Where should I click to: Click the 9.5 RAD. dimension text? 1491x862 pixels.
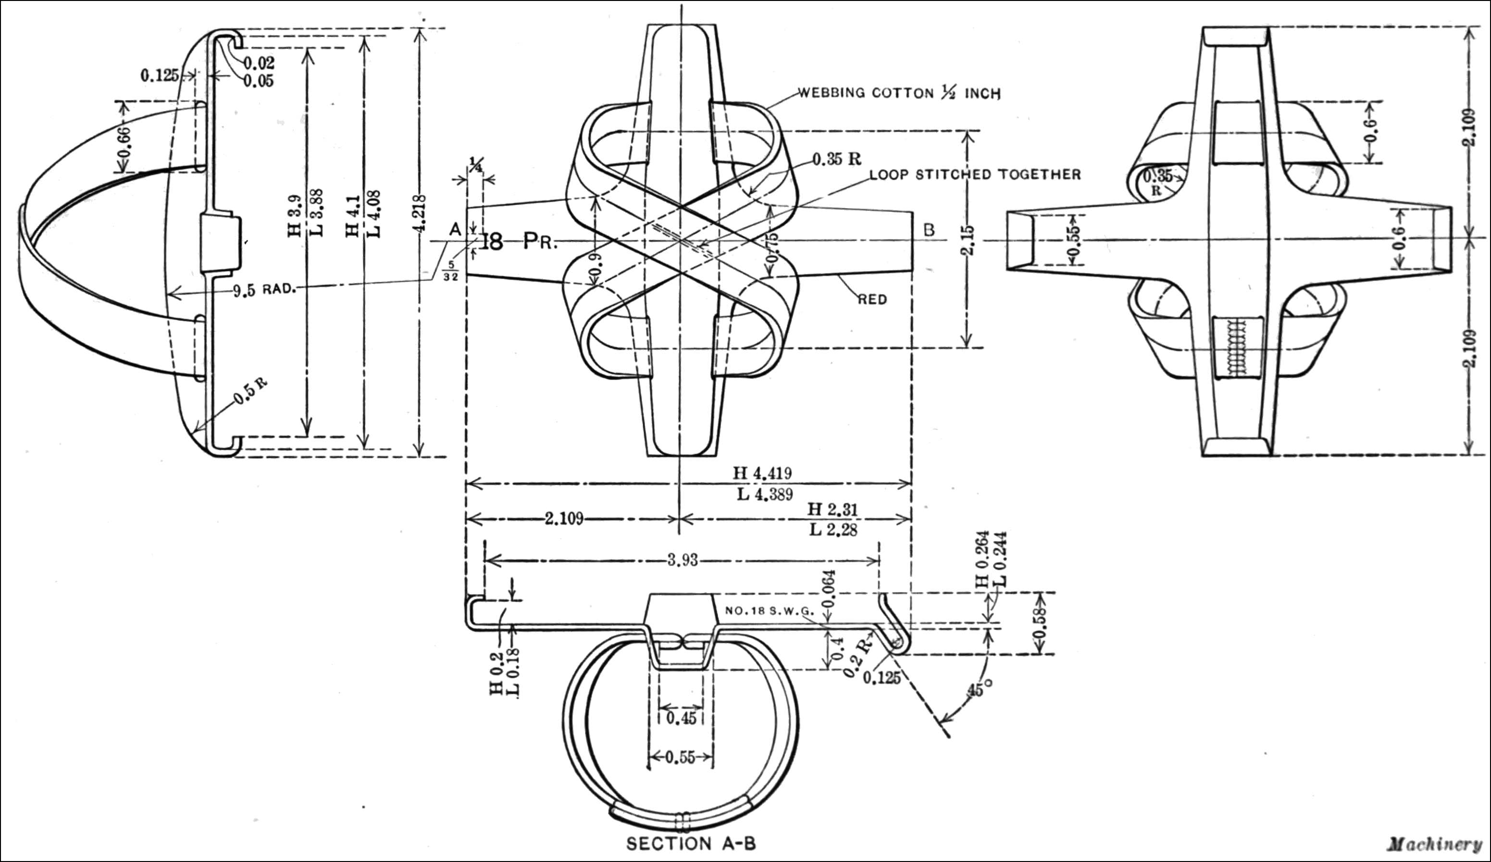pos(264,291)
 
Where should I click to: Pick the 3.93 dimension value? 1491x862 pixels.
pos(683,560)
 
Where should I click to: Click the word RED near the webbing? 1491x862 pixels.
pos(873,300)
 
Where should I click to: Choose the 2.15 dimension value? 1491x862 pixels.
pos(968,240)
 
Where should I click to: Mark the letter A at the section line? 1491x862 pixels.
pos(455,230)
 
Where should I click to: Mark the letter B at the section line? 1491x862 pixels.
pos(930,230)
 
